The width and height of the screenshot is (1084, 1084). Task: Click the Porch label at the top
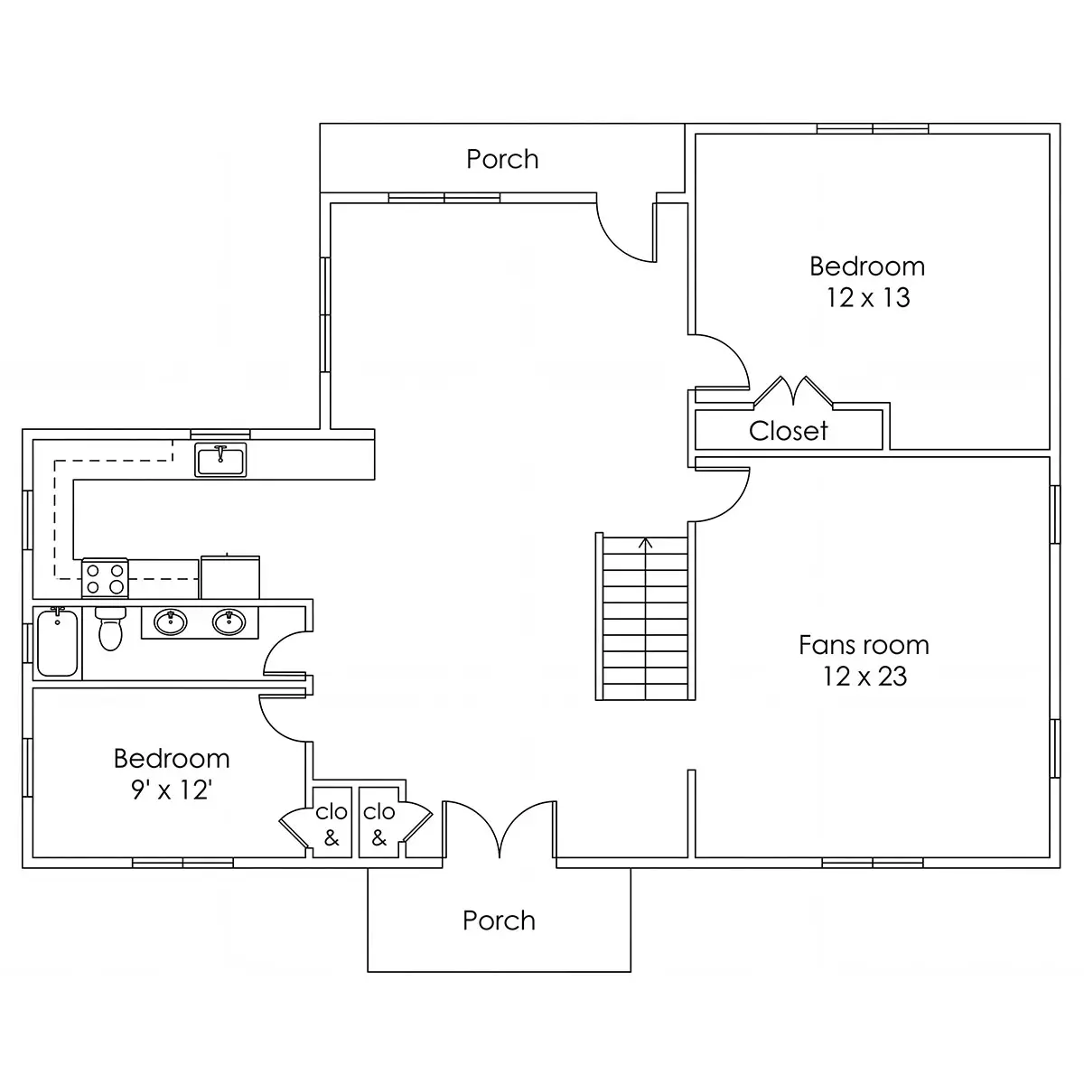pyautogui.click(x=502, y=159)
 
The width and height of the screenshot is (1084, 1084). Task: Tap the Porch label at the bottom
pyautogui.click(x=499, y=920)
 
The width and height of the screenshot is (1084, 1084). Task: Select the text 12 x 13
pyautogui.click(x=867, y=297)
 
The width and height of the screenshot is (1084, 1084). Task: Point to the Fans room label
pyautogui.click(x=864, y=645)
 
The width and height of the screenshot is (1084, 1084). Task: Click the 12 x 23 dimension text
pyautogui.click(x=865, y=677)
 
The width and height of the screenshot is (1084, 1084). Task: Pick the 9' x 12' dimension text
pyautogui.click(x=172, y=790)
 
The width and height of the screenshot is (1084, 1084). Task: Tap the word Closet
pyautogui.click(x=788, y=431)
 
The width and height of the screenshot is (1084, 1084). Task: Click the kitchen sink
pyautogui.click(x=220, y=460)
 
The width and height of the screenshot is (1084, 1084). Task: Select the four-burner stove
pyautogui.click(x=105, y=578)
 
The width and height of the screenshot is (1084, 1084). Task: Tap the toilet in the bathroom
pyautogui.click(x=110, y=629)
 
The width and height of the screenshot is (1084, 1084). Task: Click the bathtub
pyautogui.click(x=58, y=642)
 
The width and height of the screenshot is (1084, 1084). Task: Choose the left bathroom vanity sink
pyautogui.click(x=171, y=622)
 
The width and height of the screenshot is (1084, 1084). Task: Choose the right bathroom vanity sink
pyautogui.click(x=229, y=622)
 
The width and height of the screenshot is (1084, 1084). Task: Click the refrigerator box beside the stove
pyautogui.click(x=230, y=577)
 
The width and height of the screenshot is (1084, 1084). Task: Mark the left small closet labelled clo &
pyautogui.click(x=332, y=822)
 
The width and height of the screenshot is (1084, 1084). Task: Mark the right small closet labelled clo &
pyautogui.click(x=378, y=822)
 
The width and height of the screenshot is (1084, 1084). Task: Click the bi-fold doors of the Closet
pyautogui.click(x=793, y=391)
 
